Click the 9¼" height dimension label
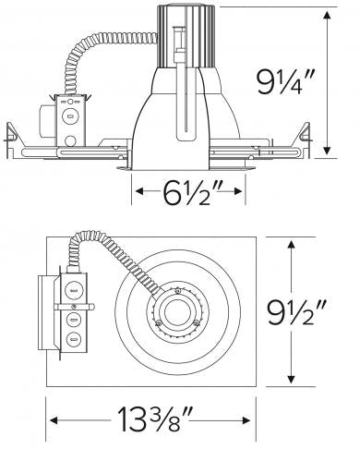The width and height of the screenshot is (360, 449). click(x=285, y=82)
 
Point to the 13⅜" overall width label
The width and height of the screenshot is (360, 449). click(x=155, y=419)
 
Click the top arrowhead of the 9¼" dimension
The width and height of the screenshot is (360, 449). click(x=327, y=16)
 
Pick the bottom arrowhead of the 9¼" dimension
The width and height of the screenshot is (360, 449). click(x=327, y=150)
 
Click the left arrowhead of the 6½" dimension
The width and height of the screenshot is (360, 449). click(x=139, y=191)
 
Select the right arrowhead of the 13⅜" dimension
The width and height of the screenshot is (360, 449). click(x=246, y=420)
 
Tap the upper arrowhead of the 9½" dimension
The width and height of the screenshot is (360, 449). click(x=291, y=246)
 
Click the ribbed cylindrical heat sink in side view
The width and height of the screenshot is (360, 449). click(x=186, y=36)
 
